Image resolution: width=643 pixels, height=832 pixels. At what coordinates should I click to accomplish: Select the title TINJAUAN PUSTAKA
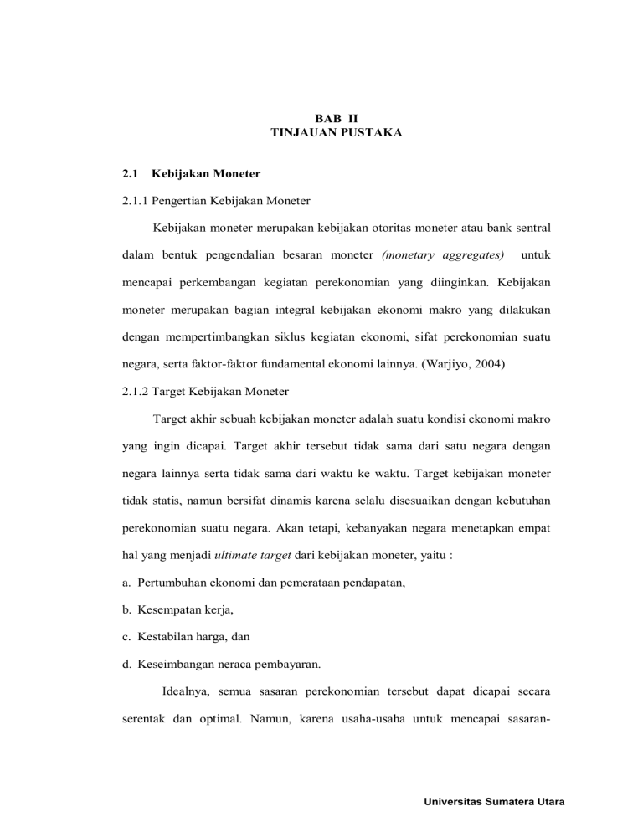325,133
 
